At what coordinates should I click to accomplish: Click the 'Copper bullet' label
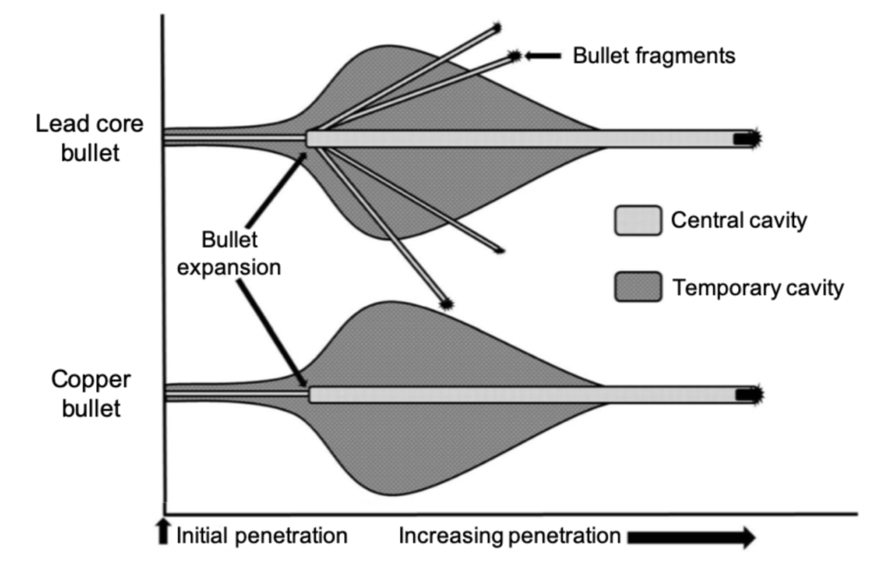tap(85, 393)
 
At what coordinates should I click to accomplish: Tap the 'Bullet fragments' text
tap(655, 56)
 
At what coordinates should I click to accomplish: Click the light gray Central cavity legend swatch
tap(638, 220)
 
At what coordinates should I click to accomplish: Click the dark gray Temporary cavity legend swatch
tap(638, 286)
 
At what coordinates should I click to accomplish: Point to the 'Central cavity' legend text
tap(738, 221)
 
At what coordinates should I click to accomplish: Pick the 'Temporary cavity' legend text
tap(757, 287)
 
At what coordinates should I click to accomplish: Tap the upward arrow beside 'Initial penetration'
tap(166, 535)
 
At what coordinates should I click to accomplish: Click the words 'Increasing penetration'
tap(509, 536)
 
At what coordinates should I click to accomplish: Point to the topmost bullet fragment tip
tap(496, 28)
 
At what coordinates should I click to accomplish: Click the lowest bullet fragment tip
tap(446, 302)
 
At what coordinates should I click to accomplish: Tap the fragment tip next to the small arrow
tap(514, 56)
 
